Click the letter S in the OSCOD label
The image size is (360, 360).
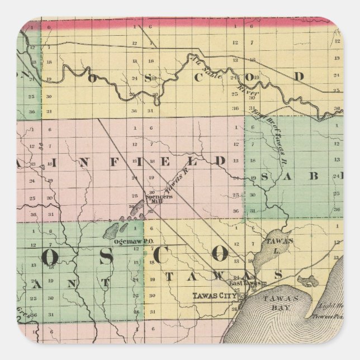pos(148,78)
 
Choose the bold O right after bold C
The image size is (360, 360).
pos(220,255)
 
